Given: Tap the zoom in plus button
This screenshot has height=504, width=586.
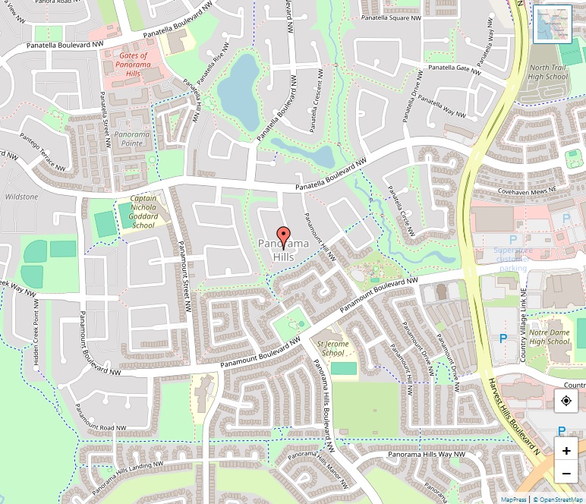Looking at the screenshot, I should point(566,451).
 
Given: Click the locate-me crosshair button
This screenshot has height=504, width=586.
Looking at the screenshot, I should point(566,401).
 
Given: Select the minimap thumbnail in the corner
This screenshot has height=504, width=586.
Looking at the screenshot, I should point(552,24).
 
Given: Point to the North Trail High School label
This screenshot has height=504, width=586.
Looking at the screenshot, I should point(547,72).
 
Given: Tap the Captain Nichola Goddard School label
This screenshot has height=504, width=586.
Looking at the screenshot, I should point(143,212).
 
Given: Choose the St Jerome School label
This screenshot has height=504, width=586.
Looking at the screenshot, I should point(332,348).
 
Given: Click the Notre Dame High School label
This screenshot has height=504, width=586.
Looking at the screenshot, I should point(549,337).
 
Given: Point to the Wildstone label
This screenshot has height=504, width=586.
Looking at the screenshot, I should point(21,197).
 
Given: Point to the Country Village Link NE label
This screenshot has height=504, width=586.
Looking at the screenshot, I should point(524,316).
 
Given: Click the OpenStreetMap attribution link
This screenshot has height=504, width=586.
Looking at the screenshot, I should point(558,499).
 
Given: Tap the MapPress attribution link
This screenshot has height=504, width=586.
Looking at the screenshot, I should point(513,499).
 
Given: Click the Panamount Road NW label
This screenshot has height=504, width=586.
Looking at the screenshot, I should point(102,428).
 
